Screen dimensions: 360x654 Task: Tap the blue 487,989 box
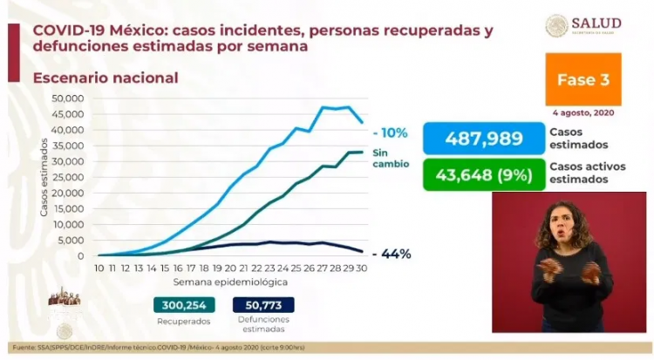coord(485,139)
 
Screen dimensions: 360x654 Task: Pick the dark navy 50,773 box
coord(263,304)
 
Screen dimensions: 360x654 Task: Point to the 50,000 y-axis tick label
coord(68,98)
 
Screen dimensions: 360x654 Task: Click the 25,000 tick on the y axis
coord(68,177)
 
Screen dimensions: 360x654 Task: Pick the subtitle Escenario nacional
coord(106,78)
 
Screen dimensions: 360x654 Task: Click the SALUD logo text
coord(597,23)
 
